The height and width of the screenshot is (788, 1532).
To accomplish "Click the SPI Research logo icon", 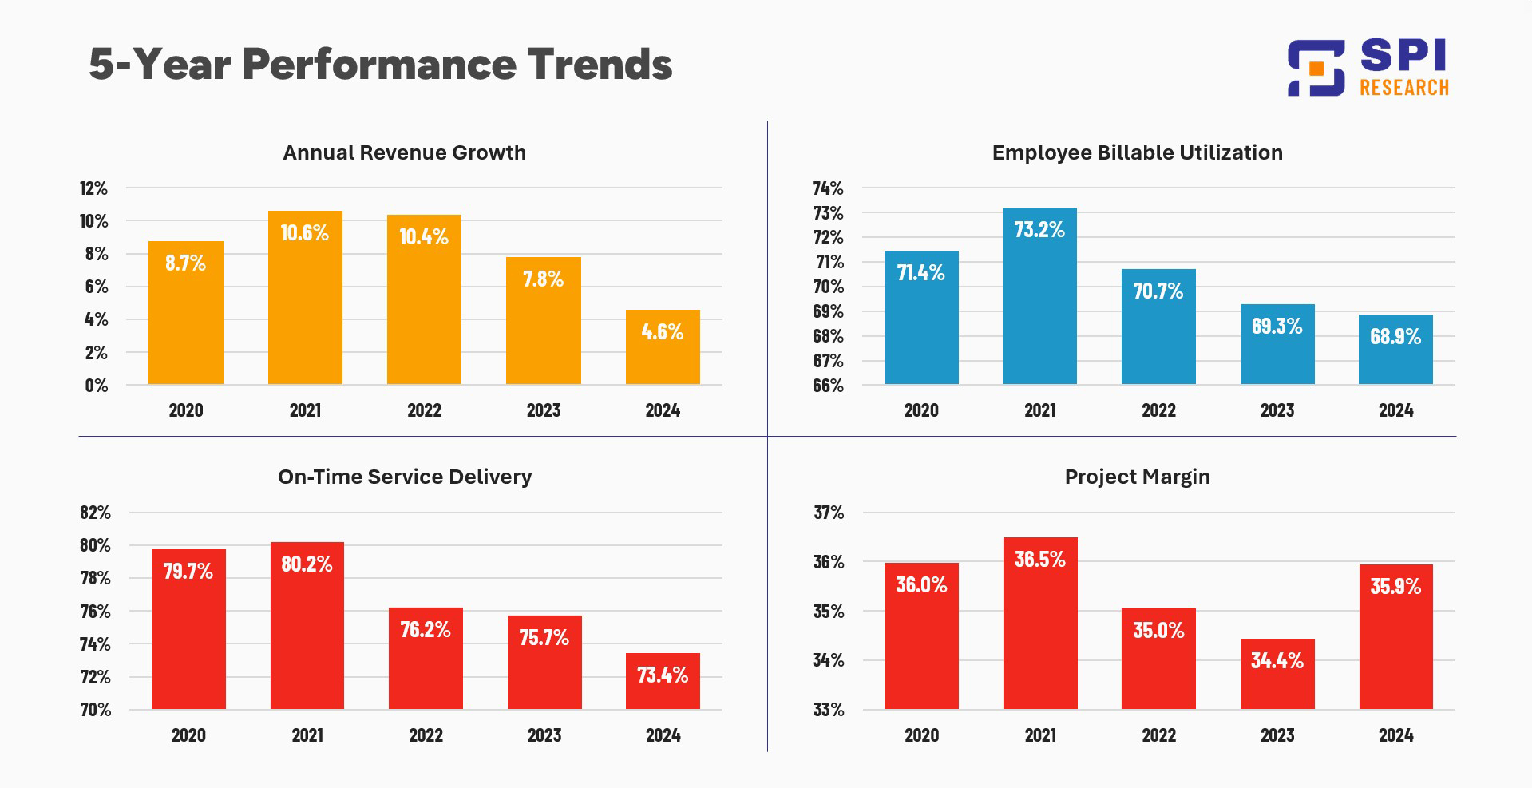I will point(1316,68).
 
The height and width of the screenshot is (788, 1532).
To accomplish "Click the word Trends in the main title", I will point(600,65).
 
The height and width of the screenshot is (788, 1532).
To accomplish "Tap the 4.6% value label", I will point(662,331).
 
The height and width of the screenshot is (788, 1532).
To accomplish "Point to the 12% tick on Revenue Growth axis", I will point(93,188).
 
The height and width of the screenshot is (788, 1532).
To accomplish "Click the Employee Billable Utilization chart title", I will point(1137,152).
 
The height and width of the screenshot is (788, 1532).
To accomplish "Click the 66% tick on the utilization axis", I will point(828,386).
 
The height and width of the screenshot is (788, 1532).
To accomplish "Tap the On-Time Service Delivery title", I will point(405,477).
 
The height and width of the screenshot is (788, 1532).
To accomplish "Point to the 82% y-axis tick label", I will point(95,513).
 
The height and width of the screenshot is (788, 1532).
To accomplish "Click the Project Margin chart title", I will point(1137,477).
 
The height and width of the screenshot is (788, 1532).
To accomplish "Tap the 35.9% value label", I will point(1395,587).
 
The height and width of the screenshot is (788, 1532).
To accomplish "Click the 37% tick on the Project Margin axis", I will point(829,513).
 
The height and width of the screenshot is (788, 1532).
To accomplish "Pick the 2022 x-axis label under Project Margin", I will point(1158,735).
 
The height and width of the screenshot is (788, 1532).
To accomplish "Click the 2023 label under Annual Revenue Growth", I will point(544,410).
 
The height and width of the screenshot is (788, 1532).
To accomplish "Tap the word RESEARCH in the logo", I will point(1403,88).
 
